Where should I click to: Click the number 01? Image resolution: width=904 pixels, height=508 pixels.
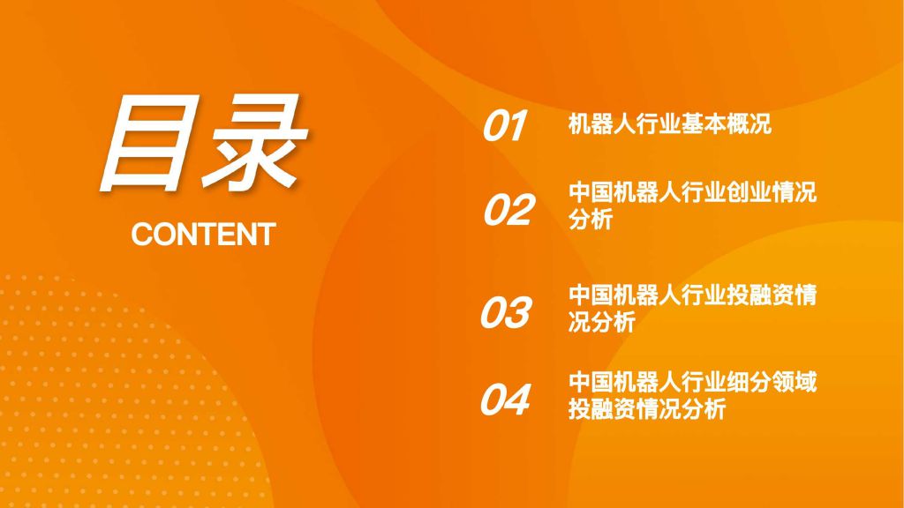coord(505,125)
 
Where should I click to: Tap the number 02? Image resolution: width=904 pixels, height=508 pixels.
coord(508,209)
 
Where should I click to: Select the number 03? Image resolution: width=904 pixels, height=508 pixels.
coord(506,313)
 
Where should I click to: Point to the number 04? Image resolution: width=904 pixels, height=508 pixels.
coord(505,400)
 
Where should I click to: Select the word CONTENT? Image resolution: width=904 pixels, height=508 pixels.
coord(203,235)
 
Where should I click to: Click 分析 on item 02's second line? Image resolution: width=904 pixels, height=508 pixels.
coord(591,220)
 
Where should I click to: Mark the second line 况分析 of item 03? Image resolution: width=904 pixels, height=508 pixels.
coord(602,323)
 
